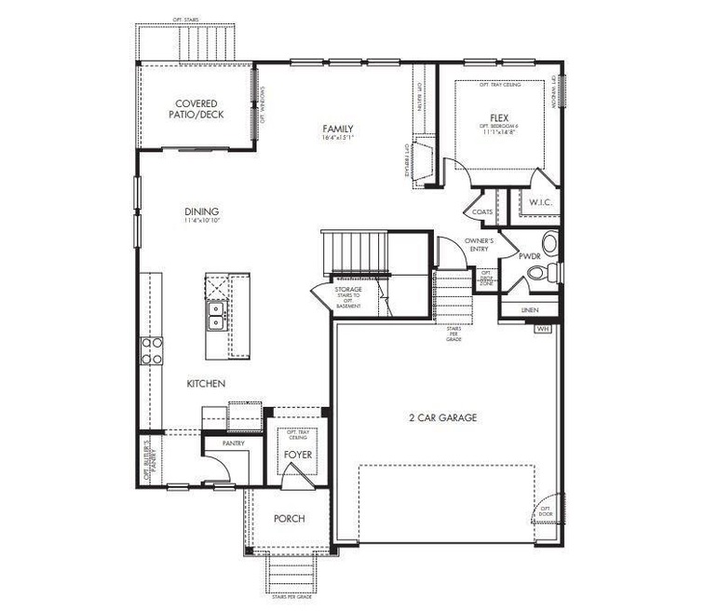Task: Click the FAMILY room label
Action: click(x=337, y=129)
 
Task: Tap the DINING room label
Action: click(x=201, y=212)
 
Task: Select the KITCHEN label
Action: click(x=206, y=384)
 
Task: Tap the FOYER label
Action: click(x=298, y=455)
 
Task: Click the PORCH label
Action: click(x=290, y=519)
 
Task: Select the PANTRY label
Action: click(x=233, y=443)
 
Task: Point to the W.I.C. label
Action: click(x=541, y=202)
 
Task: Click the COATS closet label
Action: click(x=482, y=211)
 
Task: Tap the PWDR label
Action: click(x=529, y=254)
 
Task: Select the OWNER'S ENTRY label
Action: click(x=478, y=245)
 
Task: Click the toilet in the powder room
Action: click(x=540, y=272)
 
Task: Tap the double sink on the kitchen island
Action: click(x=216, y=316)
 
